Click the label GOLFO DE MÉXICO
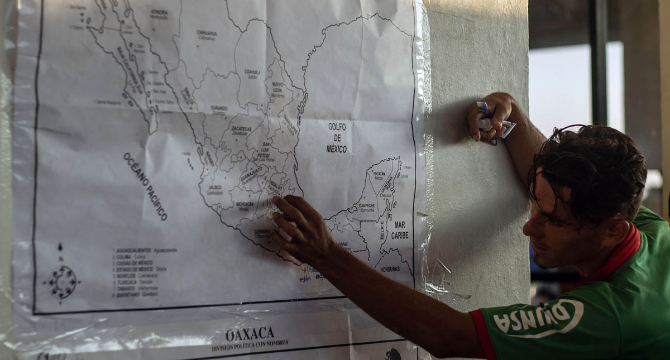[337, 138]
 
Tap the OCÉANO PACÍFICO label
[145, 186]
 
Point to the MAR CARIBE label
[399, 230]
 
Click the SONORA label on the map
[159, 12]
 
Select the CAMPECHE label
[367, 205]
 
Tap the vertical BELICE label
[382, 229]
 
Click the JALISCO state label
[214, 188]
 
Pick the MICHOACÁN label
[245, 204]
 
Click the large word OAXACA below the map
[250, 334]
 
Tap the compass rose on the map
[62, 281]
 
